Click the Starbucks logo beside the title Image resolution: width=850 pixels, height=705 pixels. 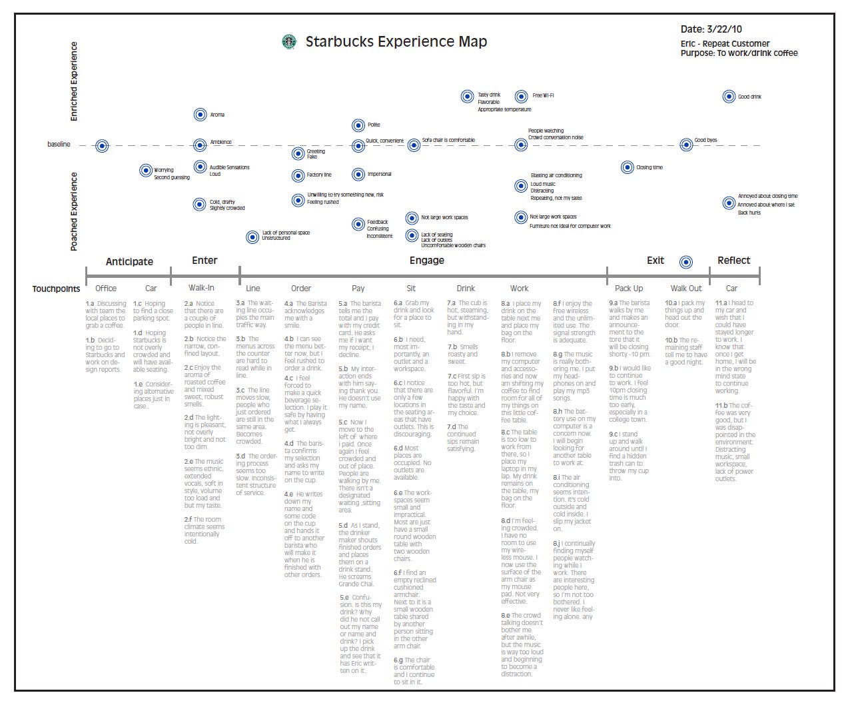289,42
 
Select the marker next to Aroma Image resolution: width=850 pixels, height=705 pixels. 200,115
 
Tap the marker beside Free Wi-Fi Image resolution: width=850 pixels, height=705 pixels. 522,97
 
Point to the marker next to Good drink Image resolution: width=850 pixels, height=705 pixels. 729,97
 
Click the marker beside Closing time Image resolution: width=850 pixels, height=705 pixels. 627,167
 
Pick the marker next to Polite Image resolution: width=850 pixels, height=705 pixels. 358,125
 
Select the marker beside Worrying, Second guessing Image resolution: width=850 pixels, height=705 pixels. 145,171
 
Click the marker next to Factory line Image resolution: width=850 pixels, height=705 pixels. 298,175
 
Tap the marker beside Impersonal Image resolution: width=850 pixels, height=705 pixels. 358,175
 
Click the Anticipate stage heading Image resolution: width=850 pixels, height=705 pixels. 129,261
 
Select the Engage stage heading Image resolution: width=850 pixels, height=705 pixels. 426,261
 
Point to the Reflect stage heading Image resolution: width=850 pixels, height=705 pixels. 733,261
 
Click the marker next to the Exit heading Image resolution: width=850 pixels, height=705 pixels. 686,262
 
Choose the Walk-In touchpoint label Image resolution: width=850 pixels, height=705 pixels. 201,288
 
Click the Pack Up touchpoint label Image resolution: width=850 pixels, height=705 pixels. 628,289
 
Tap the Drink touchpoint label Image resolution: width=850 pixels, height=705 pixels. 466,289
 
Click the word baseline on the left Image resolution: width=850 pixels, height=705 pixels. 59,145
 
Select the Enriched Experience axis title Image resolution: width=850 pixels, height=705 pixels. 74,81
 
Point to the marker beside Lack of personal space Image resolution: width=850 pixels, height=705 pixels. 252,237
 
